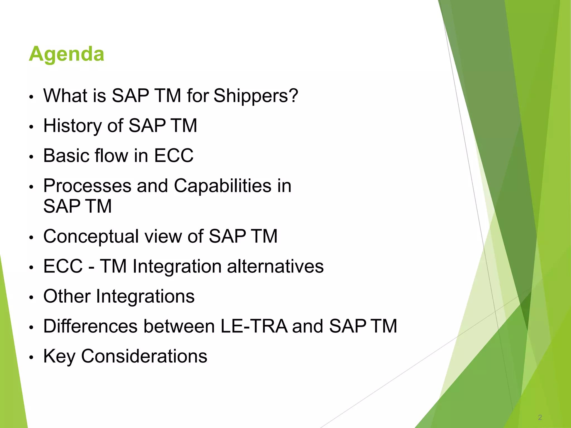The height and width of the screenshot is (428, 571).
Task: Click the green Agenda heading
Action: click(x=66, y=54)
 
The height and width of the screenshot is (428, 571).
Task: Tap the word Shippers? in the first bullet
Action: click(x=256, y=96)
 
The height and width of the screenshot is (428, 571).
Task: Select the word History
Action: click(x=73, y=126)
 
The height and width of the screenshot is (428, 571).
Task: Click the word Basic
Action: click(x=66, y=155)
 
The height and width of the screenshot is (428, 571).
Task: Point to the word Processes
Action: click(x=87, y=186)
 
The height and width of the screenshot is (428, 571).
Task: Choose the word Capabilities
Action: click(x=222, y=186)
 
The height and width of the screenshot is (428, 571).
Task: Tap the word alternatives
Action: click(x=275, y=266)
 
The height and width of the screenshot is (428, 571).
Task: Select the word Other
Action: click(x=67, y=296)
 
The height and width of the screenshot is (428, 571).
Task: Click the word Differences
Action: click(x=90, y=326)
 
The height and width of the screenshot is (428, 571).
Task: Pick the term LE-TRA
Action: click(x=254, y=326)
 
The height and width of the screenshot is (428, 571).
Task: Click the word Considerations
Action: click(x=144, y=356)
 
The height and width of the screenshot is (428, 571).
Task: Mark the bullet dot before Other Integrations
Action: click(x=32, y=298)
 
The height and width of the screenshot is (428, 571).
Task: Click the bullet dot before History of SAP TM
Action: click(x=32, y=127)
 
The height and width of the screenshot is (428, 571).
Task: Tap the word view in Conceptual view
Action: click(x=163, y=236)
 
